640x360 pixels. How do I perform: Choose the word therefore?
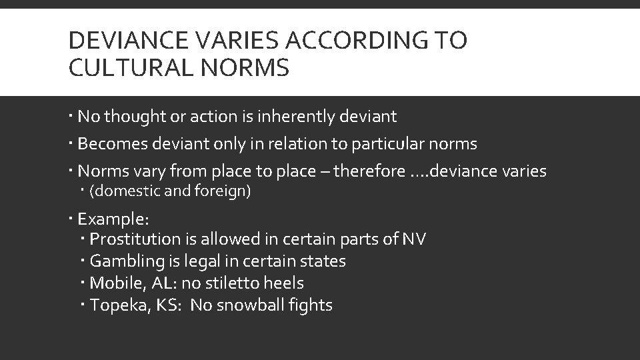pyautogui.click(x=367, y=171)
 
